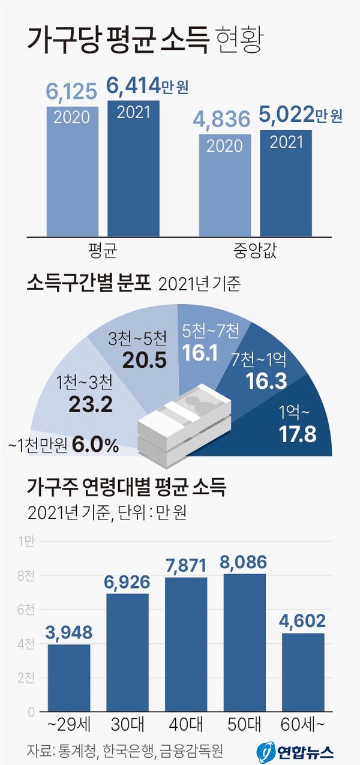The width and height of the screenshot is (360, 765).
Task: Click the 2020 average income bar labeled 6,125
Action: point(73,174)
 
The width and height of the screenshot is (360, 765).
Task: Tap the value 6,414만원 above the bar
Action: point(148,88)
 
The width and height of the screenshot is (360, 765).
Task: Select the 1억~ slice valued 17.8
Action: point(294,426)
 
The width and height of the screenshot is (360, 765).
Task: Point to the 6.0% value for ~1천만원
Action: point(95,446)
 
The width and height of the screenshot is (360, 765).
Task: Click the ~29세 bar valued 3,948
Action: point(68,678)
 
